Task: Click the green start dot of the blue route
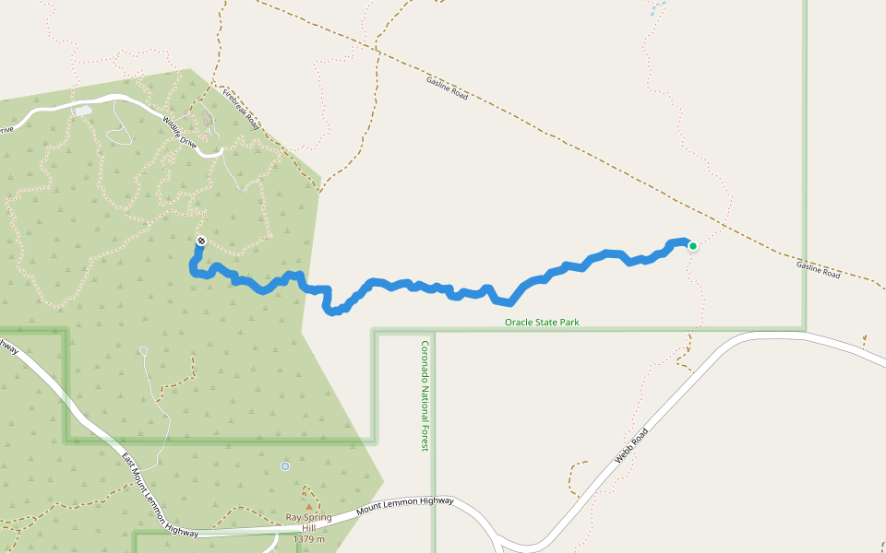tap(692, 245)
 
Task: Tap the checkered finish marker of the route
tap(201, 241)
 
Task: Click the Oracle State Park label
tap(542, 323)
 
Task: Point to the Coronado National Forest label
tap(425, 395)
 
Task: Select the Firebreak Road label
tap(240, 108)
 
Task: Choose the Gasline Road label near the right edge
tap(819, 269)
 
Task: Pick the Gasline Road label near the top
tap(448, 88)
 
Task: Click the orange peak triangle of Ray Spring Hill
tap(308, 506)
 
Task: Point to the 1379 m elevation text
tap(308, 539)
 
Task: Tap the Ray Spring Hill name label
tap(308, 523)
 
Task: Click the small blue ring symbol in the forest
tap(285, 466)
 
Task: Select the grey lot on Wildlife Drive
tap(84, 111)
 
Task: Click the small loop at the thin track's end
tap(144, 350)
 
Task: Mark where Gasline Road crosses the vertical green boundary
tap(805, 253)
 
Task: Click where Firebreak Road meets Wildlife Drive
tap(221, 153)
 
